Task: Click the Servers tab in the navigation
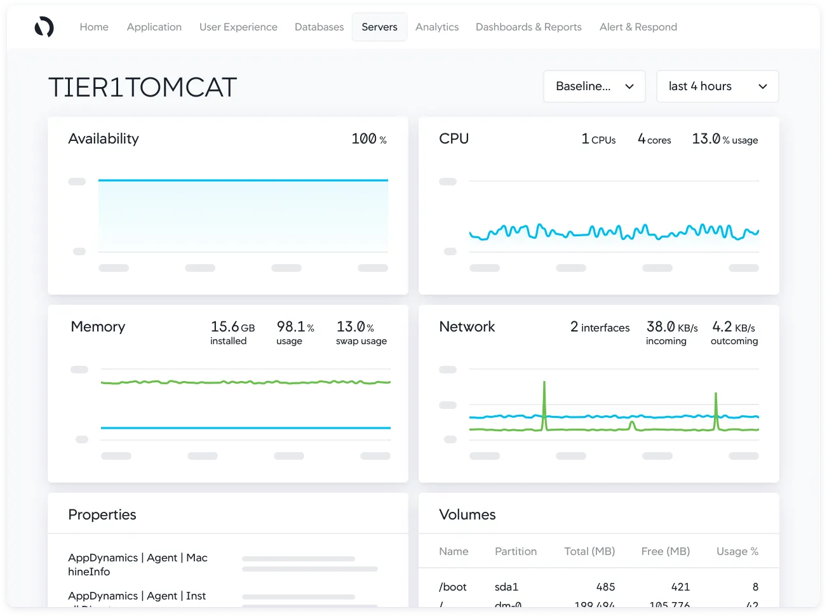tap(379, 27)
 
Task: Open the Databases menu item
tap(319, 27)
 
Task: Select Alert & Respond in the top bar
tap(638, 27)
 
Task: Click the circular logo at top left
tap(44, 27)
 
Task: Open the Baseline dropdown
tap(594, 86)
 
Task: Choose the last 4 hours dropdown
tap(717, 86)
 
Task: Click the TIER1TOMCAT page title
tap(142, 88)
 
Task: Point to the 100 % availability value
tap(368, 139)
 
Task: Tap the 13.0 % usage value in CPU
tap(724, 139)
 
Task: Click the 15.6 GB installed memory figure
tap(232, 328)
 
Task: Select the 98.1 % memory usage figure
tap(295, 328)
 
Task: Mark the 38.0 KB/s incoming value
tap(671, 328)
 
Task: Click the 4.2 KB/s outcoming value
tap(733, 328)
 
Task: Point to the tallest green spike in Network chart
tap(544, 385)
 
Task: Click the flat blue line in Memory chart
tap(245, 428)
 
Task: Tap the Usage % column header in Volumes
tap(737, 551)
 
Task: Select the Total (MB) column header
tap(589, 551)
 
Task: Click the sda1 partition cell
tap(506, 587)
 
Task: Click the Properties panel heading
tap(102, 514)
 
